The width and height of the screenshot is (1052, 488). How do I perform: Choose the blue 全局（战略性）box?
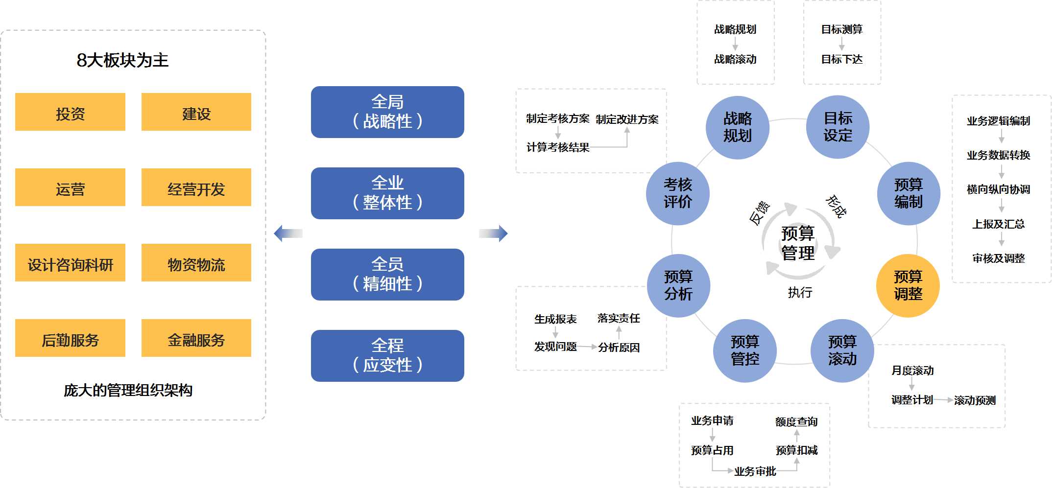[387, 112]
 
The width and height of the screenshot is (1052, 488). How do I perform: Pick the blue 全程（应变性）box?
[387, 356]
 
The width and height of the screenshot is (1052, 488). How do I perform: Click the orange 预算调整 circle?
[908, 286]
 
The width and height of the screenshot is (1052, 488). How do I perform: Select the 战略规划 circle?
[738, 127]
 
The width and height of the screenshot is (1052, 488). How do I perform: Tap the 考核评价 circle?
[678, 193]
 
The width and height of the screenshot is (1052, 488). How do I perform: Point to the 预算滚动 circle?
[842, 350]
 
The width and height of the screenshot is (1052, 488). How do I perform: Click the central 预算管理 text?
[798, 243]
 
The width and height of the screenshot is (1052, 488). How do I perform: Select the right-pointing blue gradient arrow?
[493, 233]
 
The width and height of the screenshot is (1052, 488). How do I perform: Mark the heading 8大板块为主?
[122, 60]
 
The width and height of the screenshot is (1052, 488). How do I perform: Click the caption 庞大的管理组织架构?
[128, 390]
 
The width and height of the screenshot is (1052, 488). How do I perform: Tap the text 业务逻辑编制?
[998, 121]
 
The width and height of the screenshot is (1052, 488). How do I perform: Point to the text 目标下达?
[842, 59]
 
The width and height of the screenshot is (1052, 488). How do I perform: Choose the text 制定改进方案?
[627, 119]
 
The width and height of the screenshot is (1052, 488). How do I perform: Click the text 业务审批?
[755, 471]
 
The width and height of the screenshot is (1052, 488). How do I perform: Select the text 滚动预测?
[975, 400]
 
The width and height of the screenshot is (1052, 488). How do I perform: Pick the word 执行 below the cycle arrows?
[800, 293]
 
